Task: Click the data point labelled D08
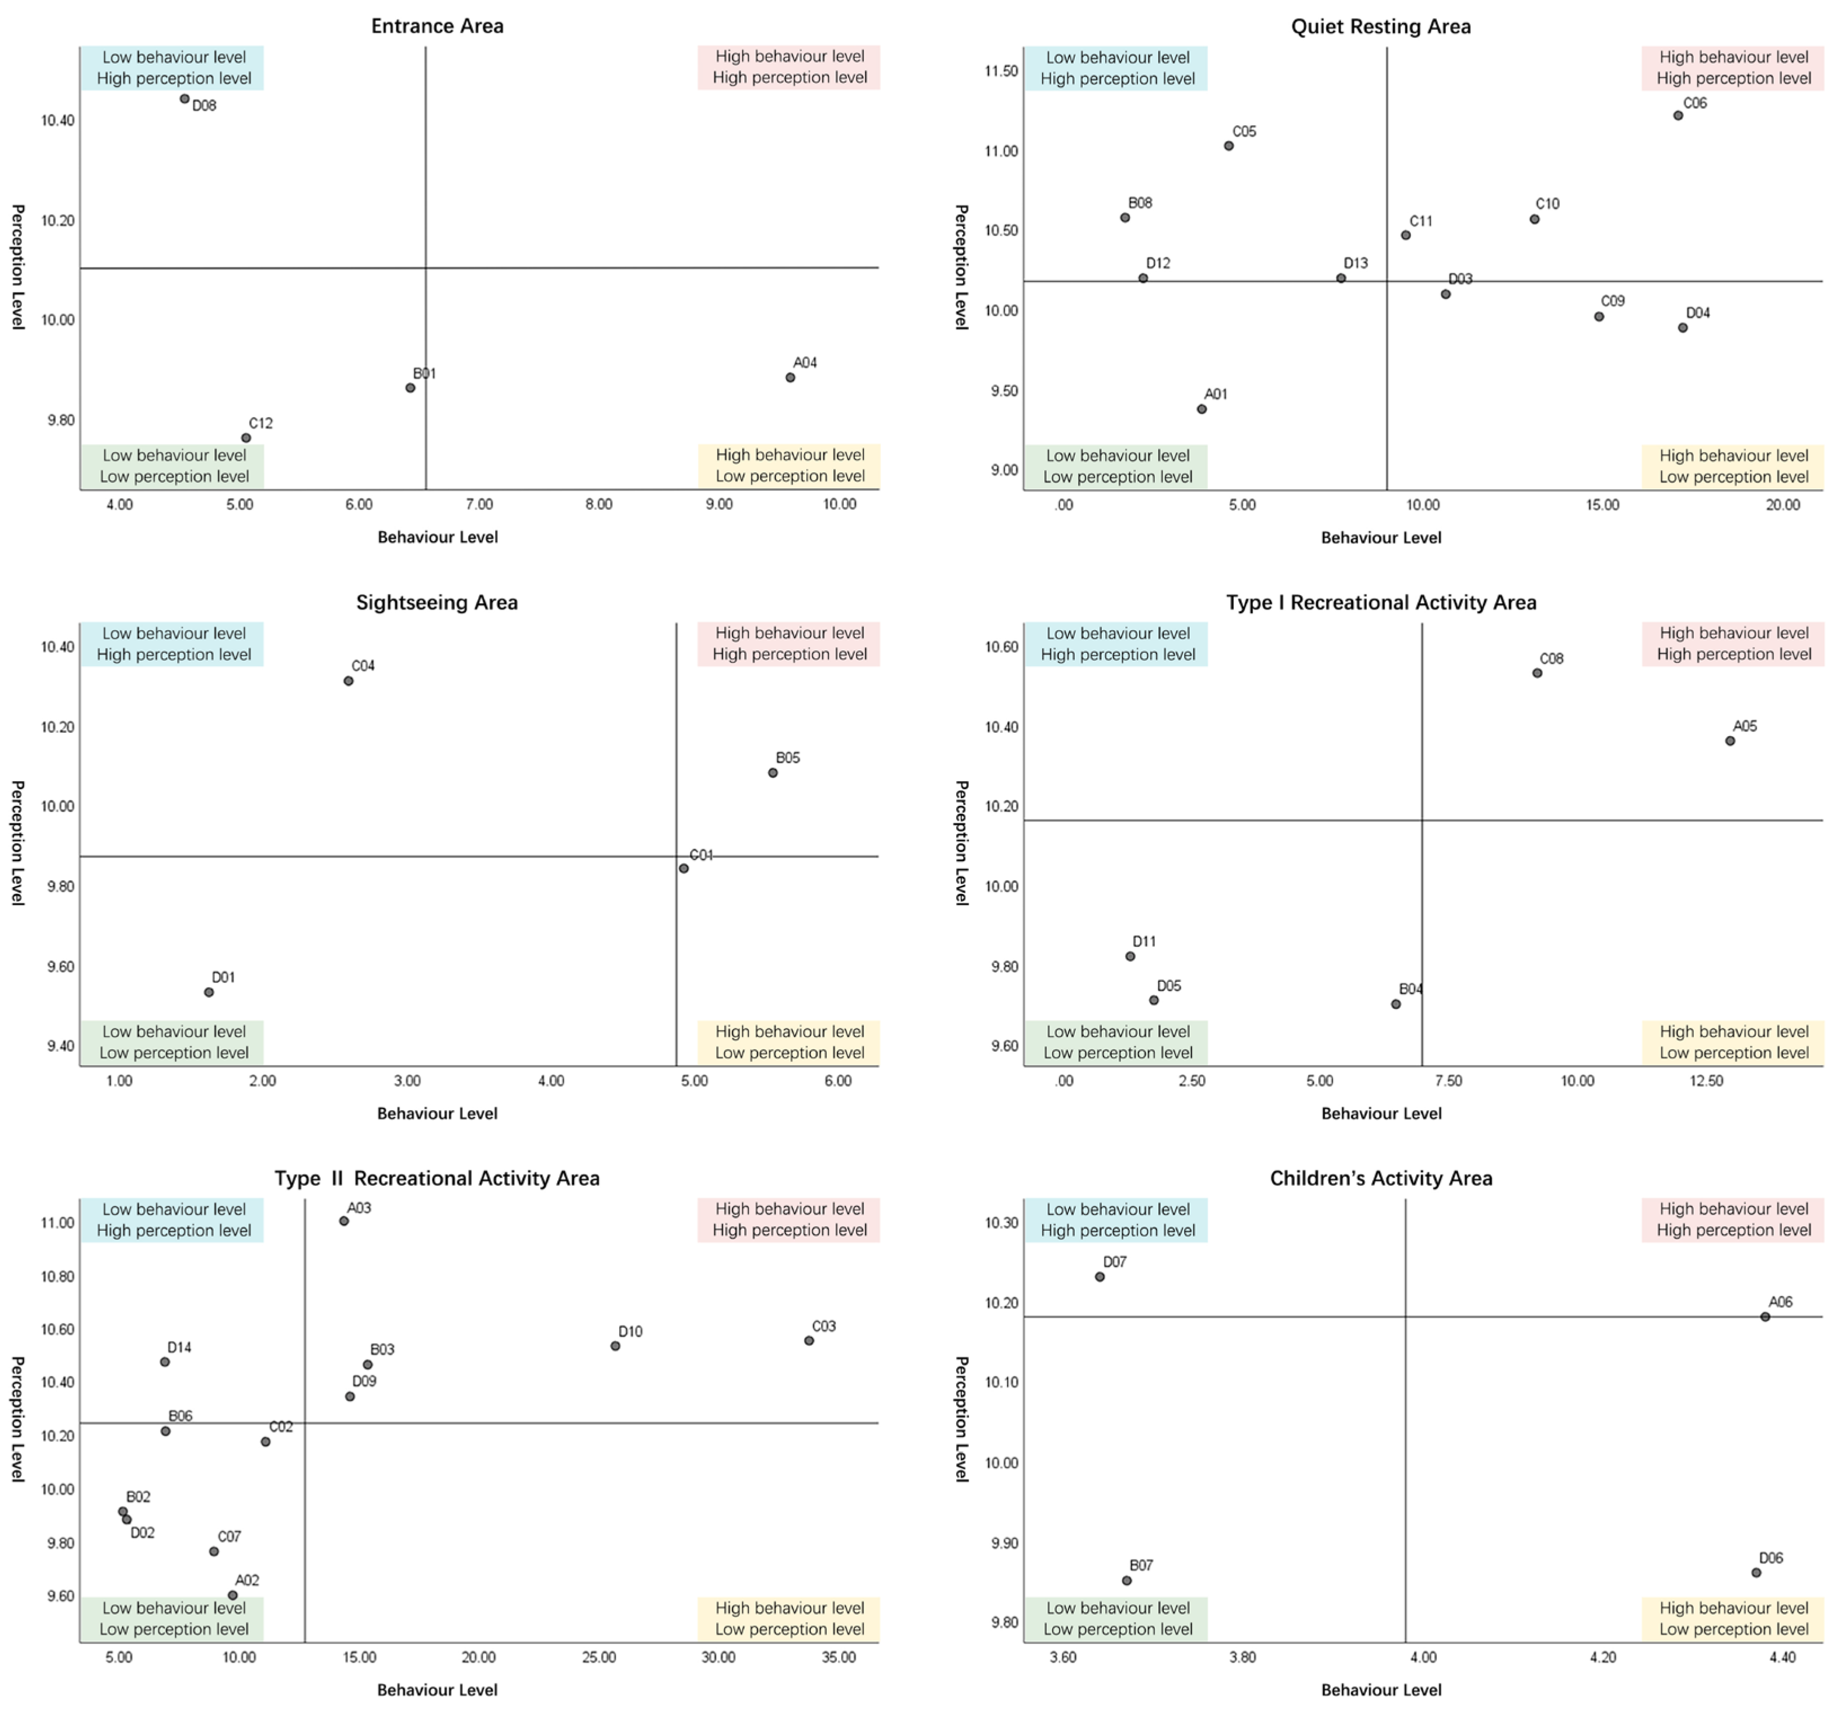pos(185,99)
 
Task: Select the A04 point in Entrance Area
pos(791,378)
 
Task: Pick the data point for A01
pos(1202,409)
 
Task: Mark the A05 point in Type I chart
pos(1730,741)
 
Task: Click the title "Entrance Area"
pos(437,26)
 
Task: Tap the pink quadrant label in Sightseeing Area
pos(789,644)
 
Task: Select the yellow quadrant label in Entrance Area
pos(789,466)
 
